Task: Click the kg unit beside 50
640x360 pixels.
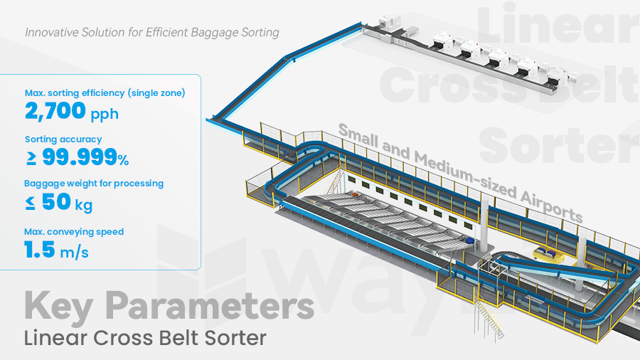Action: [x=83, y=205]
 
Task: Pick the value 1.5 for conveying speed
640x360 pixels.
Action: [x=39, y=250]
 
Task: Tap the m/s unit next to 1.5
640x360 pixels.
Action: [x=75, y=252]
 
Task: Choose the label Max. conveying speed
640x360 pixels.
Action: [x=74, y=231]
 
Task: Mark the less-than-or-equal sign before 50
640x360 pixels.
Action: [x=29, y=203]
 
